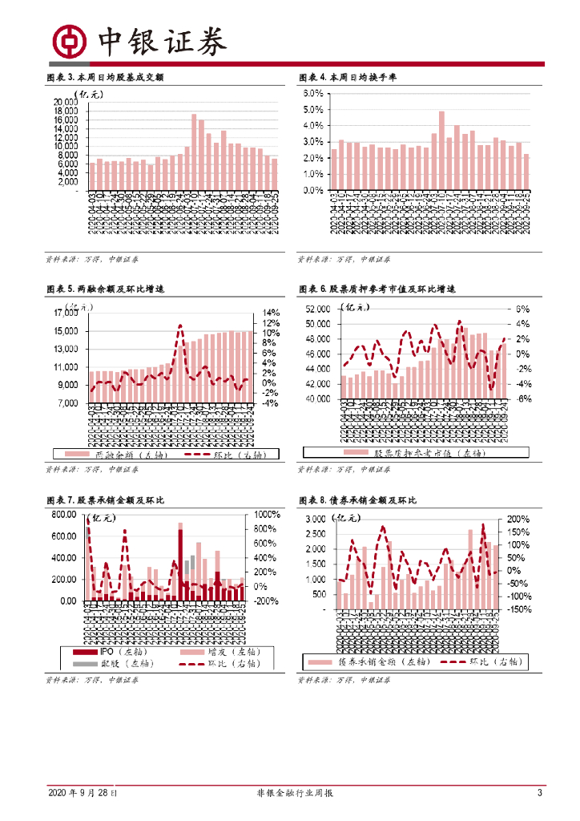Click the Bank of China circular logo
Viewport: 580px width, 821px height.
pos(69,40)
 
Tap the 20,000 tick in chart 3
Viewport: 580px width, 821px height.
pos(66,103)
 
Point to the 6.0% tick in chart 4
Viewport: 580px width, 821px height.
pos(312,94)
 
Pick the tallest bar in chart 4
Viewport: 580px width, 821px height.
pos(441,151)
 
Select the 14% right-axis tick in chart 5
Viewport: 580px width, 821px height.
pos(270,313)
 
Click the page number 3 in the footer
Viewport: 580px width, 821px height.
pos(540,793)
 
